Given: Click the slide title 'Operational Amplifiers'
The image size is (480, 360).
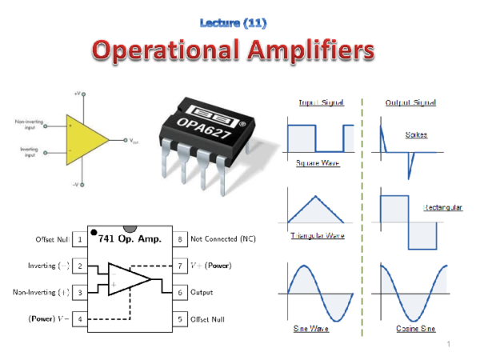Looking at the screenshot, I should click(x=232, y=52).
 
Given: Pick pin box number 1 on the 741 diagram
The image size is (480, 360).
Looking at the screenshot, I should click(x=80, y=239).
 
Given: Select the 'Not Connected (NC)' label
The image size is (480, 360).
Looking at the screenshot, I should click(x=223, y=239).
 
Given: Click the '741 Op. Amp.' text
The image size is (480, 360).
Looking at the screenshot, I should click(x=130, y=239).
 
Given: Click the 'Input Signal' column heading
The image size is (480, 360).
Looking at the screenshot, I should click(x=321, y=102).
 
